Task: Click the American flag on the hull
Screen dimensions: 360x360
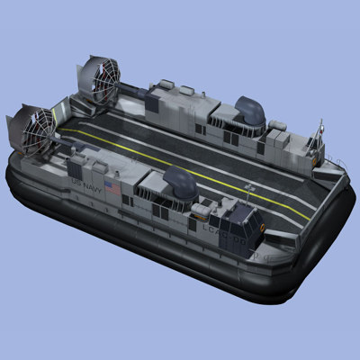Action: (x=112, y=188)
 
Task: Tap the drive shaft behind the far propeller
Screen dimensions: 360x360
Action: (x=130, y=90)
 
